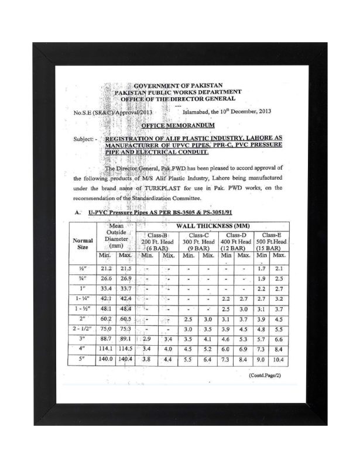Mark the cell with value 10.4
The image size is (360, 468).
pyautogui.click(x=279, y=360)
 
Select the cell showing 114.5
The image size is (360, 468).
pyautogui.click(x=126, y=349)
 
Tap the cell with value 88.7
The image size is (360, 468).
pyautogui.click(x=105, y=339)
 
